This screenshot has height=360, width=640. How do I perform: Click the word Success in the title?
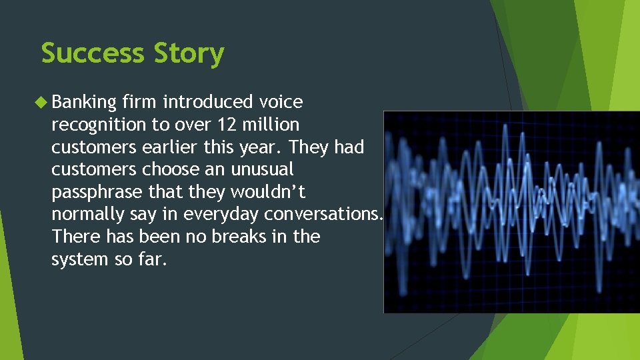pos(93,53)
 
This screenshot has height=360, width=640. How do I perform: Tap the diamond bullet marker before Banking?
pos(44,102)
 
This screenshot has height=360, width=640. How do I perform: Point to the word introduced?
pos(207,102)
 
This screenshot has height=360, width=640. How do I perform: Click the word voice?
pos(281,102)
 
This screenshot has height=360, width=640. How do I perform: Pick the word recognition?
pos(98,125)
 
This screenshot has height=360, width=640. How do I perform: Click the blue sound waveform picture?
pos(511,211)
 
